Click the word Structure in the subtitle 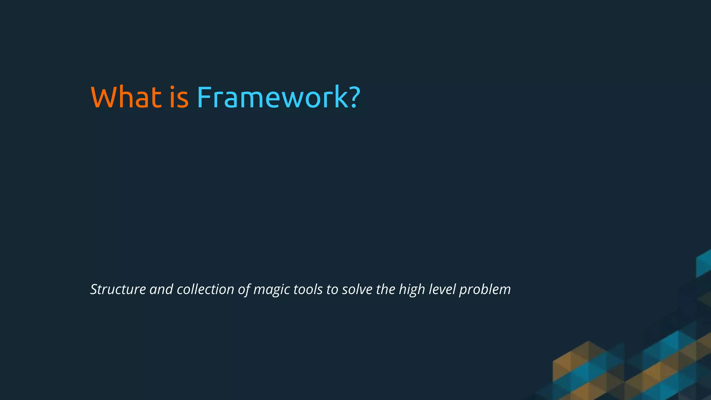click(118, 290)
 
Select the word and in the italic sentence click(161, 290)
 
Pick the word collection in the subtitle click(205, 290)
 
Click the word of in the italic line click(244, 290)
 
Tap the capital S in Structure click(94, 290)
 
